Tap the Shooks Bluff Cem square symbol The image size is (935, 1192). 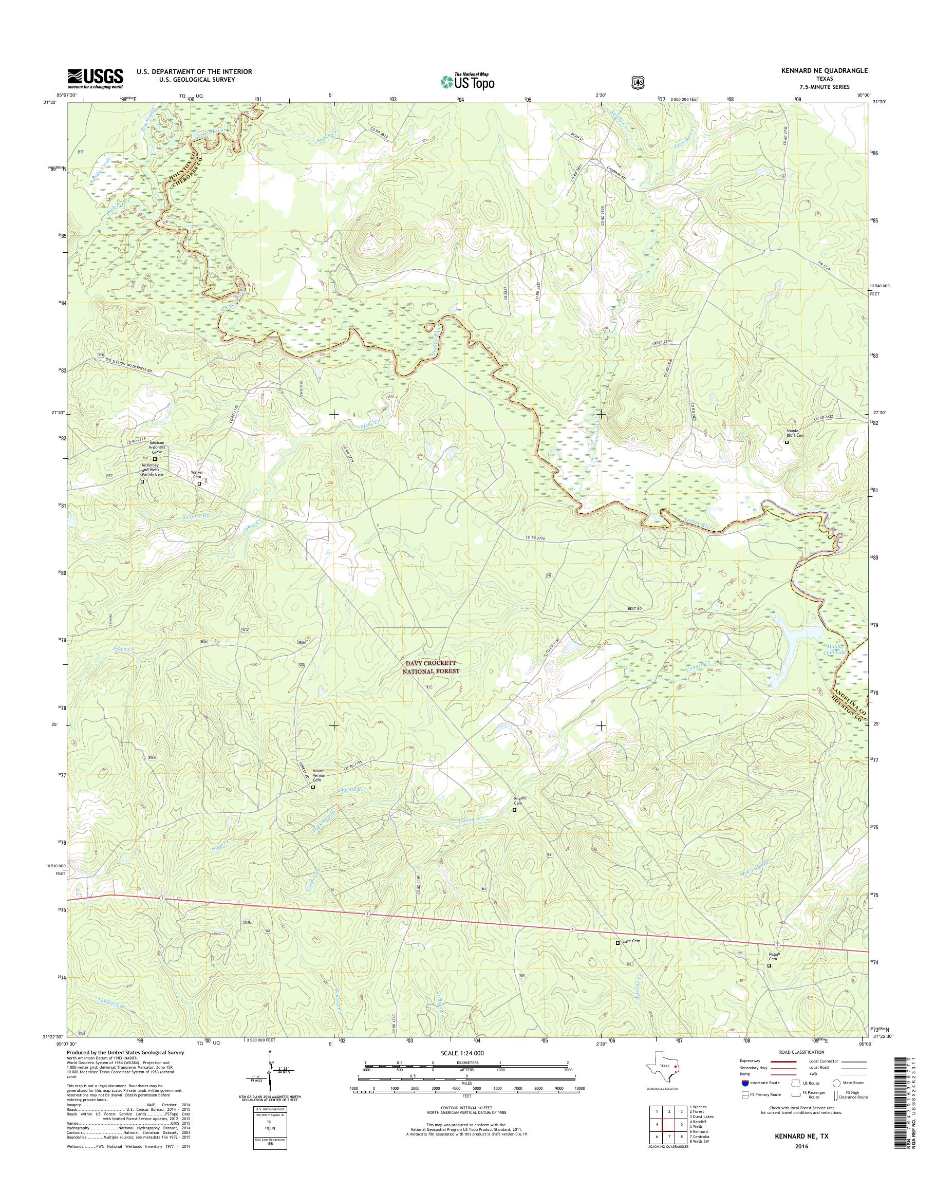coord(787,442)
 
